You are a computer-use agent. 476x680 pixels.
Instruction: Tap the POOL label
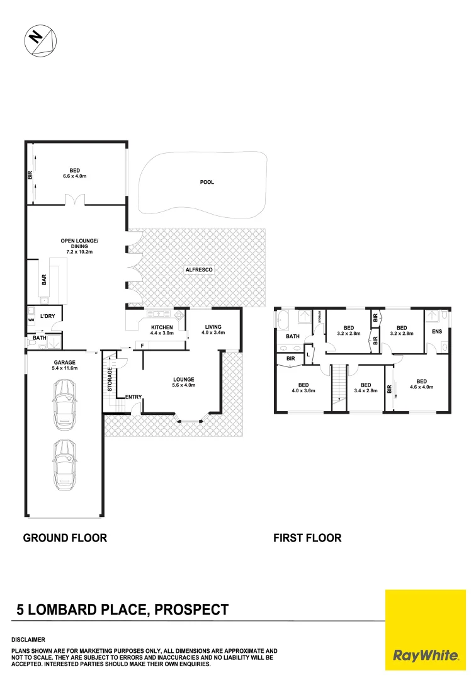coord(207,182)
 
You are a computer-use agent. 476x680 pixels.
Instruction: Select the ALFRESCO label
coord(199,269)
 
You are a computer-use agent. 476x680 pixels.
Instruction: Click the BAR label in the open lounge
coord(44,281)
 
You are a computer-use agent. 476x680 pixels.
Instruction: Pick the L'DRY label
coord(47,316)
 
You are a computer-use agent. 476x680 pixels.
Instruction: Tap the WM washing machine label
coord(30,320)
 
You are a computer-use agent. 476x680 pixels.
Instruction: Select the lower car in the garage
coord(64,465)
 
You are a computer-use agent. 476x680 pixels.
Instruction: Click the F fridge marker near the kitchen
coord(142,345)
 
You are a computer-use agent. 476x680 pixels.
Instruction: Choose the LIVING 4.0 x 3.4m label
coord(215,329)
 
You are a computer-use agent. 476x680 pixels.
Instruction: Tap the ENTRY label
coord(133,397)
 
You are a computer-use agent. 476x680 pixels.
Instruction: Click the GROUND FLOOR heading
coord(65,538)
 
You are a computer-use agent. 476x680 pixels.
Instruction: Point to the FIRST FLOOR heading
coord(307,538)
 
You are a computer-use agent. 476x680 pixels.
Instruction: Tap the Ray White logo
coord(426,630)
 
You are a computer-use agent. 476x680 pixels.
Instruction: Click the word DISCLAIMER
coord(28,639)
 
